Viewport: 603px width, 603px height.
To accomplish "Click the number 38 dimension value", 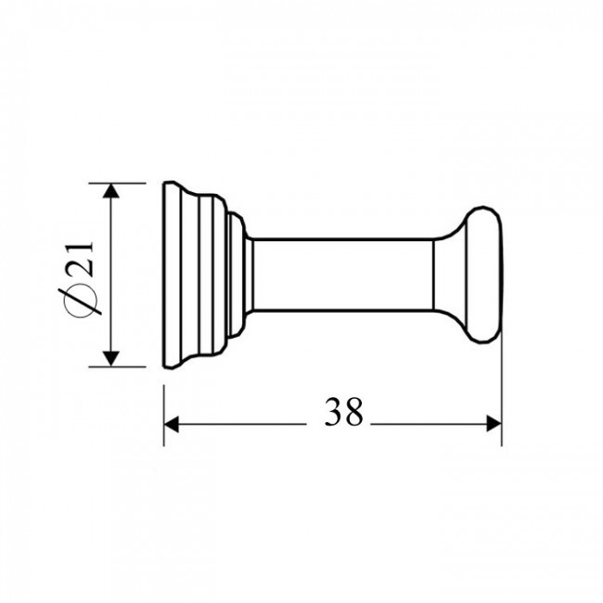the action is coord(343,412).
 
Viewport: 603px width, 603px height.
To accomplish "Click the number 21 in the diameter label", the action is coord(80,259).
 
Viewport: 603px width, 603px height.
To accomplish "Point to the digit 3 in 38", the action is coord(333,412).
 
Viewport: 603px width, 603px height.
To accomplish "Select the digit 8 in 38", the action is coord(353,412).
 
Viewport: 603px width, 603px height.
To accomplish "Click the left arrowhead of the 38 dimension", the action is coord(171,424).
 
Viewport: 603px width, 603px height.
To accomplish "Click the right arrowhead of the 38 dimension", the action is coord(494,424).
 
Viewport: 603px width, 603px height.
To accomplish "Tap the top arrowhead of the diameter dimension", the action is coord(110,191).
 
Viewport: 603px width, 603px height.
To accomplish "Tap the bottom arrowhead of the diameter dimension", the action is coord(110,359).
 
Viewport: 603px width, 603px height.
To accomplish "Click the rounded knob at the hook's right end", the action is coord(483,275).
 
